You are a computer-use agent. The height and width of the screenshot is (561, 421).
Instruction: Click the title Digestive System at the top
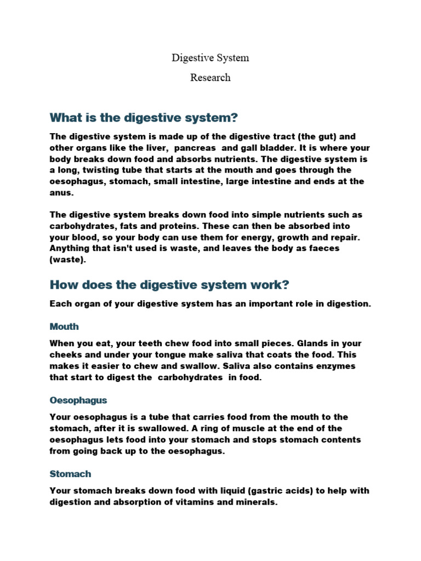click(210, 58)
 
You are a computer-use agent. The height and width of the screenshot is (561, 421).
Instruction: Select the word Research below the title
click(210, 77)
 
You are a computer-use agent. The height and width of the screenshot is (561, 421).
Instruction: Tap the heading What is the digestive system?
click(144, 118)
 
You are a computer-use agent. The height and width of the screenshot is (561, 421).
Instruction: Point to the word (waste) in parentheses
click(68, 260)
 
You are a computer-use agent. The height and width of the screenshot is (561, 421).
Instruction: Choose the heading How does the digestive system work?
click(169, 285)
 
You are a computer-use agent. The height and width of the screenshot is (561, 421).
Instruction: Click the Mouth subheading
click(64, 327)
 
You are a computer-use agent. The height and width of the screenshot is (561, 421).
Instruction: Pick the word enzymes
click(335, 366)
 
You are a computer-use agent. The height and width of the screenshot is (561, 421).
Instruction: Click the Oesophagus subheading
click(78, 400)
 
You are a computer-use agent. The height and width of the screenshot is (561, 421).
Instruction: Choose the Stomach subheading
click(70, 474)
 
